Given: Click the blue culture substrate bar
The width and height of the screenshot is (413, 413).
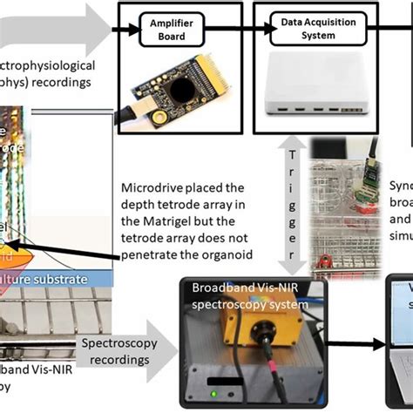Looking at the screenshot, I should (x=52, y=279).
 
